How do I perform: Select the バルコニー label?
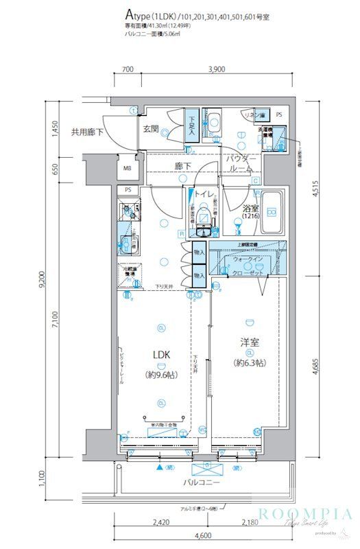[x=201, y=483]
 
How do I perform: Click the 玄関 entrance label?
[x=151, y=128]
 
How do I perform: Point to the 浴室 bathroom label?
[x=250, y=208]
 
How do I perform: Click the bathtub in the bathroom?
[x=273, y=210]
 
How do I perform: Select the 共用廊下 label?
[x=86, y=131]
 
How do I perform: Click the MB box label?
[x=128, y=167]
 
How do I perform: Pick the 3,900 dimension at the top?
[x=216, y=69]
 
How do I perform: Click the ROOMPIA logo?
[x=305, y=514]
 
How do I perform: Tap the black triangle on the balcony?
[x=160, y=468]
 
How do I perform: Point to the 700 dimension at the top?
[x=127, y=69]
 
